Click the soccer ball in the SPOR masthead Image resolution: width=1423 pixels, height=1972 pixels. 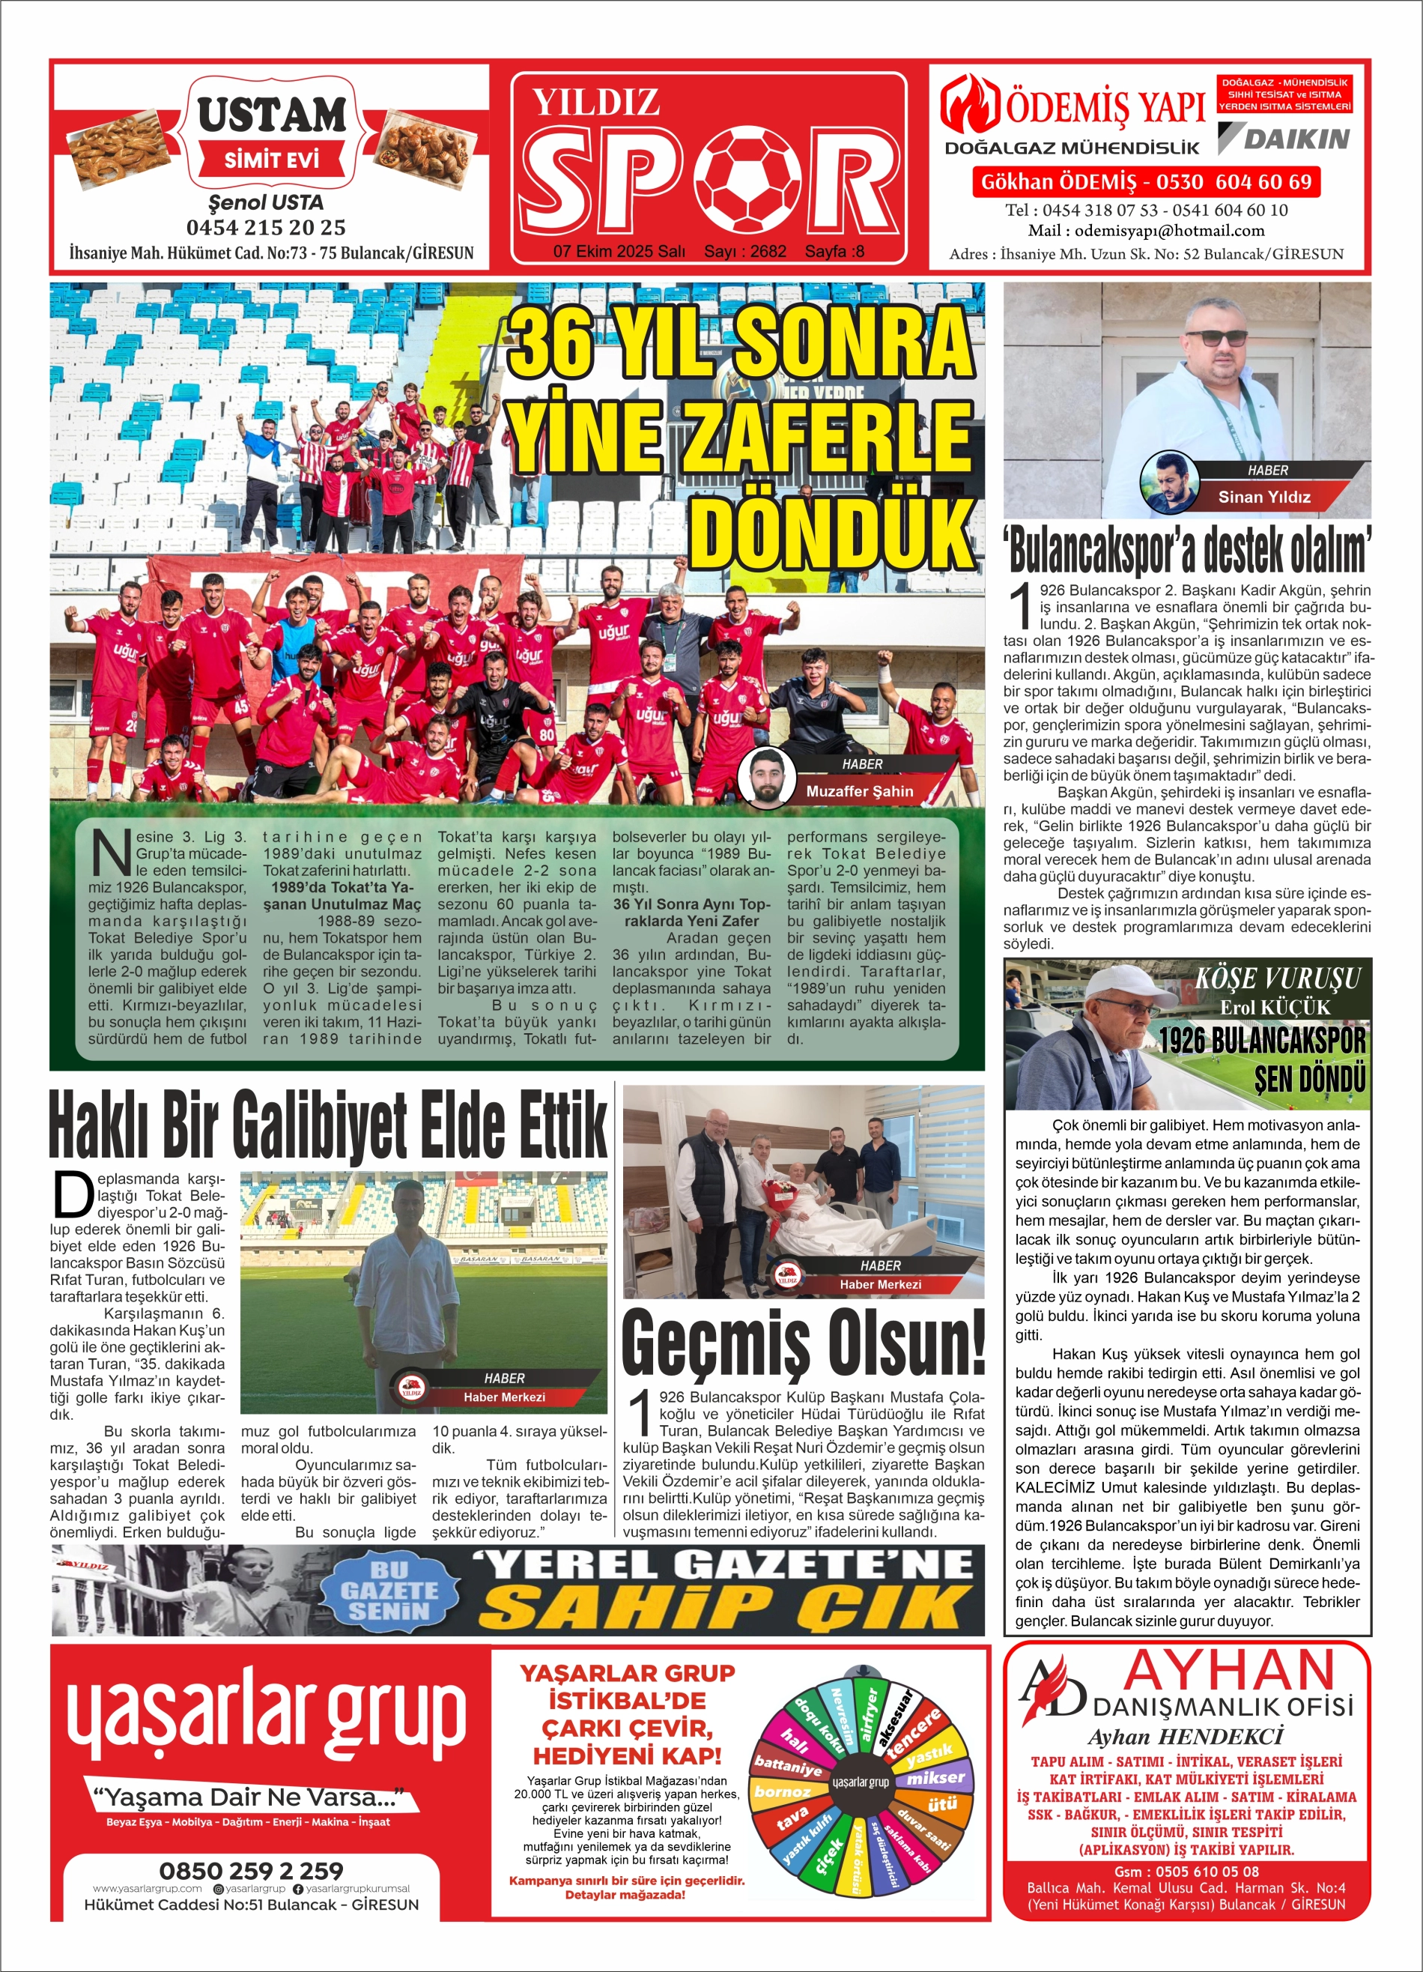coord(751,178)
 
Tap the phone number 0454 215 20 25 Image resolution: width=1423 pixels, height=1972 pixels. coord(266,228)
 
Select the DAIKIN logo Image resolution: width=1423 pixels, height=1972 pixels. coord(1284,139)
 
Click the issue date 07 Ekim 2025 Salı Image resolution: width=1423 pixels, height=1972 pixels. coord(619,251)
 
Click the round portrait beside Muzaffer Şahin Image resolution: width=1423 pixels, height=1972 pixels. coord(767,776)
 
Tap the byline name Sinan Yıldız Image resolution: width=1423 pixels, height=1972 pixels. coord(1264,497)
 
